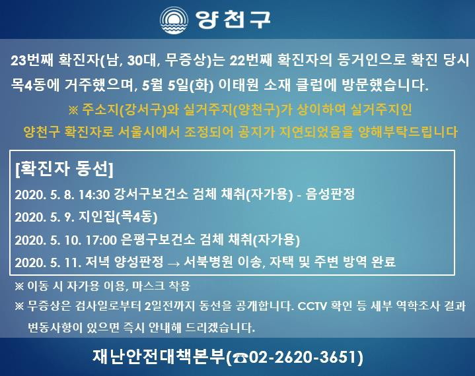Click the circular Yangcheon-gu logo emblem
point(174,20)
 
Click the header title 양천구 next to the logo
point(233,20)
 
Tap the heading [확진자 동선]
point(64,169)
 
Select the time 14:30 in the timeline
point(94,195)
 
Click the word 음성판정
point(330,194)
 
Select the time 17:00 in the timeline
point(101,240)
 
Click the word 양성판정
point(139,262)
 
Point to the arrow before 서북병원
point(174,263)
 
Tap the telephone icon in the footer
point(241,358)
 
